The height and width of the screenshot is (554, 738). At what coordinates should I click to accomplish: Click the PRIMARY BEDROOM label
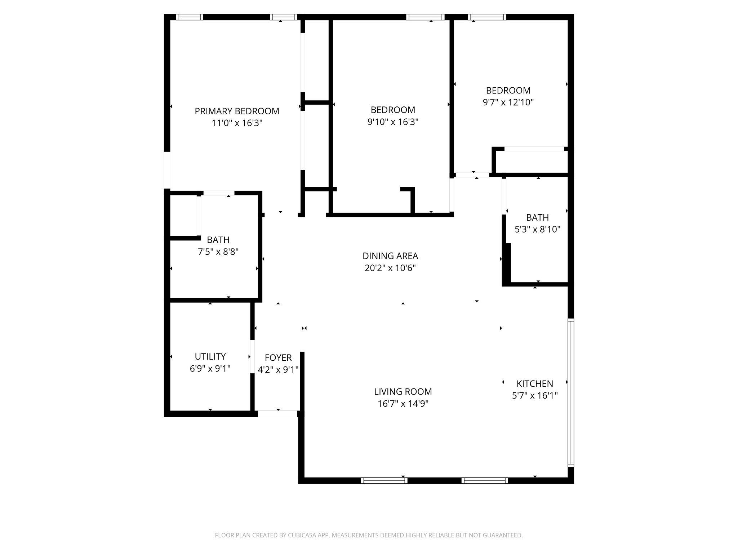click(x=237, y=111)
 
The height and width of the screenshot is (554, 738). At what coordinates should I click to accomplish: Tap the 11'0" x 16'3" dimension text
click(x=237, y=123)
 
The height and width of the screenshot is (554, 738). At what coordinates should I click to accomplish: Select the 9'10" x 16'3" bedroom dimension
click(x=393, y=122)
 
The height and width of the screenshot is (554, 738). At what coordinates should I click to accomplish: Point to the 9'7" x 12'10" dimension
click(x=508, y=102)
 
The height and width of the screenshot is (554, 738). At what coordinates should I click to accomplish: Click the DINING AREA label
click(x=390, y=256)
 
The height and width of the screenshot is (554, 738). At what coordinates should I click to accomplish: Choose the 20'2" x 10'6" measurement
click(x=390, y=268)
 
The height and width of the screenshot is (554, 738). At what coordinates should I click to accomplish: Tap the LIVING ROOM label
click(x=403, y=392)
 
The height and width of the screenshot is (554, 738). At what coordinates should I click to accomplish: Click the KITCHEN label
click(x=535, y=384)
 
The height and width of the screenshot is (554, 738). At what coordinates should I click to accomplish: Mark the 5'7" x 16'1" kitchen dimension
click(x=535, y=396)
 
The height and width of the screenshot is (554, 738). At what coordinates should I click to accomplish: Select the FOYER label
click(x=278, y=358)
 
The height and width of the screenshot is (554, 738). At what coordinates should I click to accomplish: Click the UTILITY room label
click(x=210, y=357)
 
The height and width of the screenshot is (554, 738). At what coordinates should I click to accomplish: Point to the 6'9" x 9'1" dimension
click(x=210, y=369)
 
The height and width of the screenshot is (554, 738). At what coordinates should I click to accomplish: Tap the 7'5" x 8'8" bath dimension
click(x=218, y=252)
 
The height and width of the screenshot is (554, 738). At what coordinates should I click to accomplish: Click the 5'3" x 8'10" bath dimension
click(x=537, y=229)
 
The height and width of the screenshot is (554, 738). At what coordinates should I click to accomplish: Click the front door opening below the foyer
click(x=277, y=414)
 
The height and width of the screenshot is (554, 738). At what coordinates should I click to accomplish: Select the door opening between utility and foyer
click(x=252, y=356)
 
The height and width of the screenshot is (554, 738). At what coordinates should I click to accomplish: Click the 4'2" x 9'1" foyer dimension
click(x=278, y=370)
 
